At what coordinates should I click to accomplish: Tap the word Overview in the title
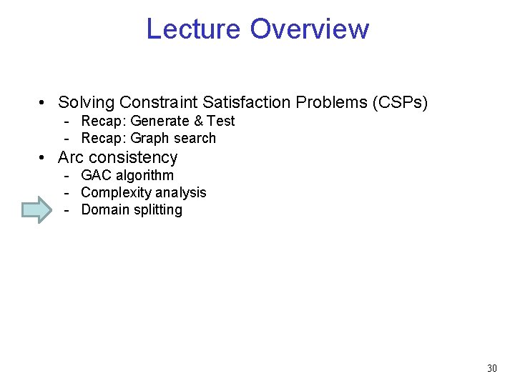(x=310, y=29)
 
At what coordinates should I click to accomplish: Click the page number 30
(x=491, y=368)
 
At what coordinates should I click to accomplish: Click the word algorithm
(x=144, y=176)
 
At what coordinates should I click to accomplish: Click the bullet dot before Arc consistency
(x=44, y=158)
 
